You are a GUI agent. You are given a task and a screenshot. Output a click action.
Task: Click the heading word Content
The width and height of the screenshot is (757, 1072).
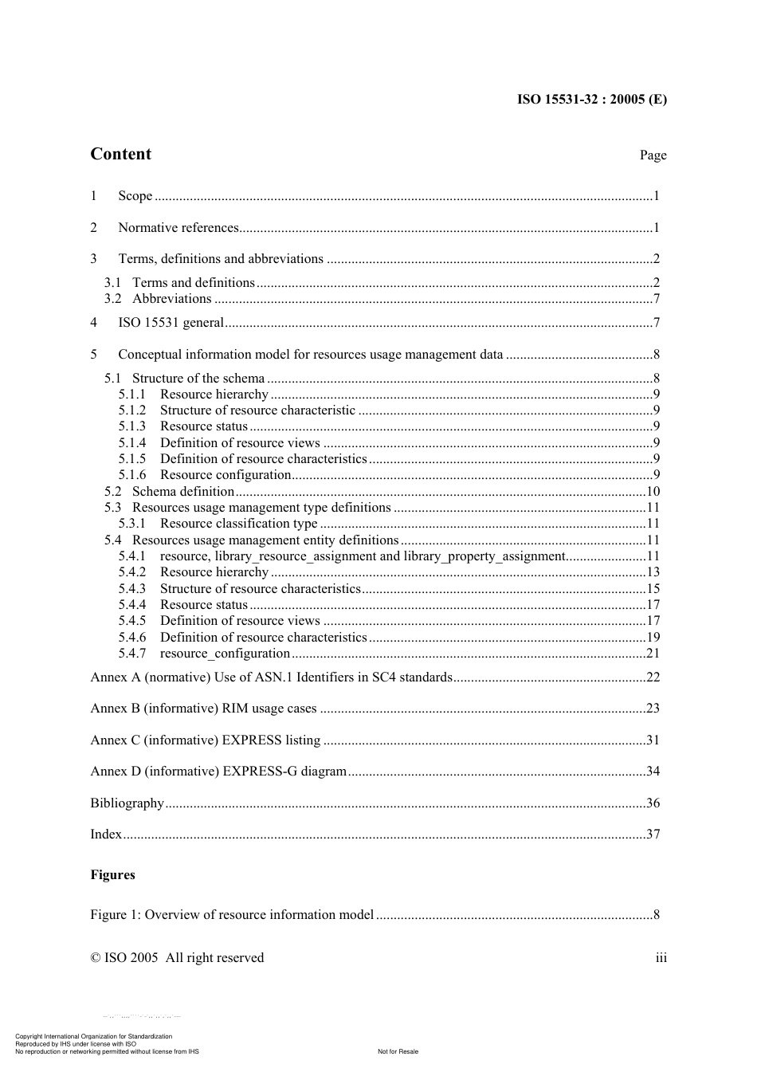(x=120, y=155)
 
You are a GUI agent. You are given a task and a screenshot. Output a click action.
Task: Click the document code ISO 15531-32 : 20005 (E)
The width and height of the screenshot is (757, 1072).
(x=591, y=100)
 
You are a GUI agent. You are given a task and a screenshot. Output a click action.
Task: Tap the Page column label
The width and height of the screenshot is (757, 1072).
(x=653, y=155)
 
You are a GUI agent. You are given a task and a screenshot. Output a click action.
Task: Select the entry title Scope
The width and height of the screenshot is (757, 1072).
(x=135, y=196)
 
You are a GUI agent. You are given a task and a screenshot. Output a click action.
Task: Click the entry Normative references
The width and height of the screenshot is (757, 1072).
(x=178, y=228)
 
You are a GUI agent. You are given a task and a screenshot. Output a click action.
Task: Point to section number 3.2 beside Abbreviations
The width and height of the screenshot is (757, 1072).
(x=113, y=299)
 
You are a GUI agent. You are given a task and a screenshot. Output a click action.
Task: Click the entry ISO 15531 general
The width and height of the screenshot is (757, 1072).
(x=171, y=323)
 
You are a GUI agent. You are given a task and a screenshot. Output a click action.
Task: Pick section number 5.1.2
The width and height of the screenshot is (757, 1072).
(x=132, y=410)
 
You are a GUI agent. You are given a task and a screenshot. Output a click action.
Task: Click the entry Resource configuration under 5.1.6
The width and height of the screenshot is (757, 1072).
(x=226, y=475)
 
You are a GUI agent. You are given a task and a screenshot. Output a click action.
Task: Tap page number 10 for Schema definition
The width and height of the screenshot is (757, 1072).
(x=653, y=492)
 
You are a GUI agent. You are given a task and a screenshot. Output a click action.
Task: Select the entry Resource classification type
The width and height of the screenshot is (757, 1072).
(x=238, y=524)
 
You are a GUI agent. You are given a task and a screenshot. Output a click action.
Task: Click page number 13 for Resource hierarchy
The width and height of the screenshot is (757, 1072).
(x=653, y=572)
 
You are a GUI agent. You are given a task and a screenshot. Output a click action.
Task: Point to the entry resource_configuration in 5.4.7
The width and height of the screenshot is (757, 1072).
(x=225, y=654)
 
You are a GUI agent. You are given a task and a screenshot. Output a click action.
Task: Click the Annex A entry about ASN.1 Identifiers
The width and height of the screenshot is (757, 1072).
(x=271, y=677)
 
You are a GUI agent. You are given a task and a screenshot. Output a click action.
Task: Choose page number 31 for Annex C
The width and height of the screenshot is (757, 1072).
(x=653, y=740)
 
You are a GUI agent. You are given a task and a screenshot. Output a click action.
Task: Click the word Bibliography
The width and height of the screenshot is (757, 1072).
(x=127, y=803)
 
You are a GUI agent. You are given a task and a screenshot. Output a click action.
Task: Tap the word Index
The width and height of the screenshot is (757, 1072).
(x=106, y=834)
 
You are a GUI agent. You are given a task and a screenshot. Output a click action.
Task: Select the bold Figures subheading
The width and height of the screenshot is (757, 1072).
(x=112, y=875)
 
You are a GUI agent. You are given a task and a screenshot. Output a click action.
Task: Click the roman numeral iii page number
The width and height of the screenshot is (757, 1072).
(x=661, y=958)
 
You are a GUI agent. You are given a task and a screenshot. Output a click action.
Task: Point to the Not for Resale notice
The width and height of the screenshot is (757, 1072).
(x=398, y=1051)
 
